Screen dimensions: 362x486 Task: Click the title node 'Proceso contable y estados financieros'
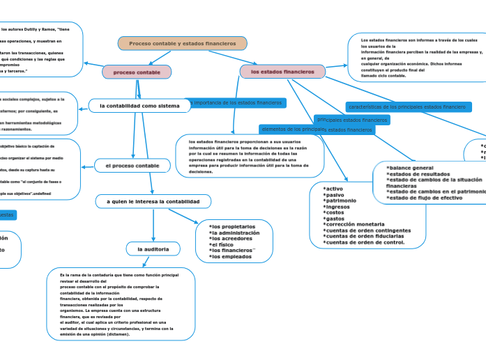(183, 43)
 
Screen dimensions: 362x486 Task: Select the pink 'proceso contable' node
(137, 72)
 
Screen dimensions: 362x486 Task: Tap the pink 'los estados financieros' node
(282, 72)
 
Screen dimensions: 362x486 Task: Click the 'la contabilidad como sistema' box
(139, 106)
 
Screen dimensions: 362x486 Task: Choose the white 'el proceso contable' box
(132, 166)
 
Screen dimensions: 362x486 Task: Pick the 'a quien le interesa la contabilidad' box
(153, 201)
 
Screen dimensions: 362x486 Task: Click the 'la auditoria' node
(153, 249)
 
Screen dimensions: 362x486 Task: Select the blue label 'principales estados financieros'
(352, 120)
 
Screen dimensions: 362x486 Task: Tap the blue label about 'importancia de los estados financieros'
(236, 102)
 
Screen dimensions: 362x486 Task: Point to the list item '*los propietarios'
(233, 226)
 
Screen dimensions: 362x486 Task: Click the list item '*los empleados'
(231, 257)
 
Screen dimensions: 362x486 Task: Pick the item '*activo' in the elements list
(333, 188)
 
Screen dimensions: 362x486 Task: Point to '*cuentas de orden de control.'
(364, 242)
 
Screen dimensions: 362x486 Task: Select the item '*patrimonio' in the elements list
(341, 200)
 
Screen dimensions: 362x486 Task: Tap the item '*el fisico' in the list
(223, 244)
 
